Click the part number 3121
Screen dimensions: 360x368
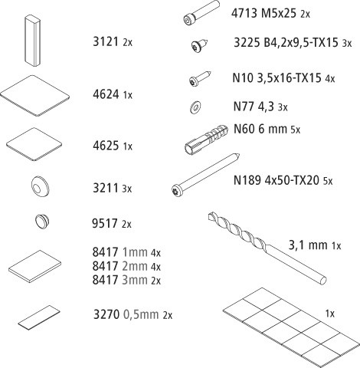[x=106, y=41]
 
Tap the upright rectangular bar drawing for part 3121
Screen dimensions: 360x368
[x=32, y=41]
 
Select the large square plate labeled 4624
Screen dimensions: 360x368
[x=34, y=96]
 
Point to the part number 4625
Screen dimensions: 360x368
[x=106, y=146]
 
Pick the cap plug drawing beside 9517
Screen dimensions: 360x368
[x=42, y=221]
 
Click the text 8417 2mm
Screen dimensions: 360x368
[x=119, y=266]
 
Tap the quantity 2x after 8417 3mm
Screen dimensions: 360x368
[x=155, y=281]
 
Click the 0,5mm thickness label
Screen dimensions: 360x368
[x=141, y=314]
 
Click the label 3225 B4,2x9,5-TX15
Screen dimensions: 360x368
[x=286, y=42]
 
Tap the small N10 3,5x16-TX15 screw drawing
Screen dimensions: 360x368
[x=200, y=78]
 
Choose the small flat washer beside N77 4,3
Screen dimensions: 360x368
[x=195, y=107]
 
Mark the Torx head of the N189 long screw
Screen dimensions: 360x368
[x=176, y=190]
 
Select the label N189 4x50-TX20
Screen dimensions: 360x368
[x=277, y=180]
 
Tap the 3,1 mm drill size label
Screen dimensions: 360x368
[x=308, y=245]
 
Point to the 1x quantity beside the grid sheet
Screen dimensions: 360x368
[x=329, y=314]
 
